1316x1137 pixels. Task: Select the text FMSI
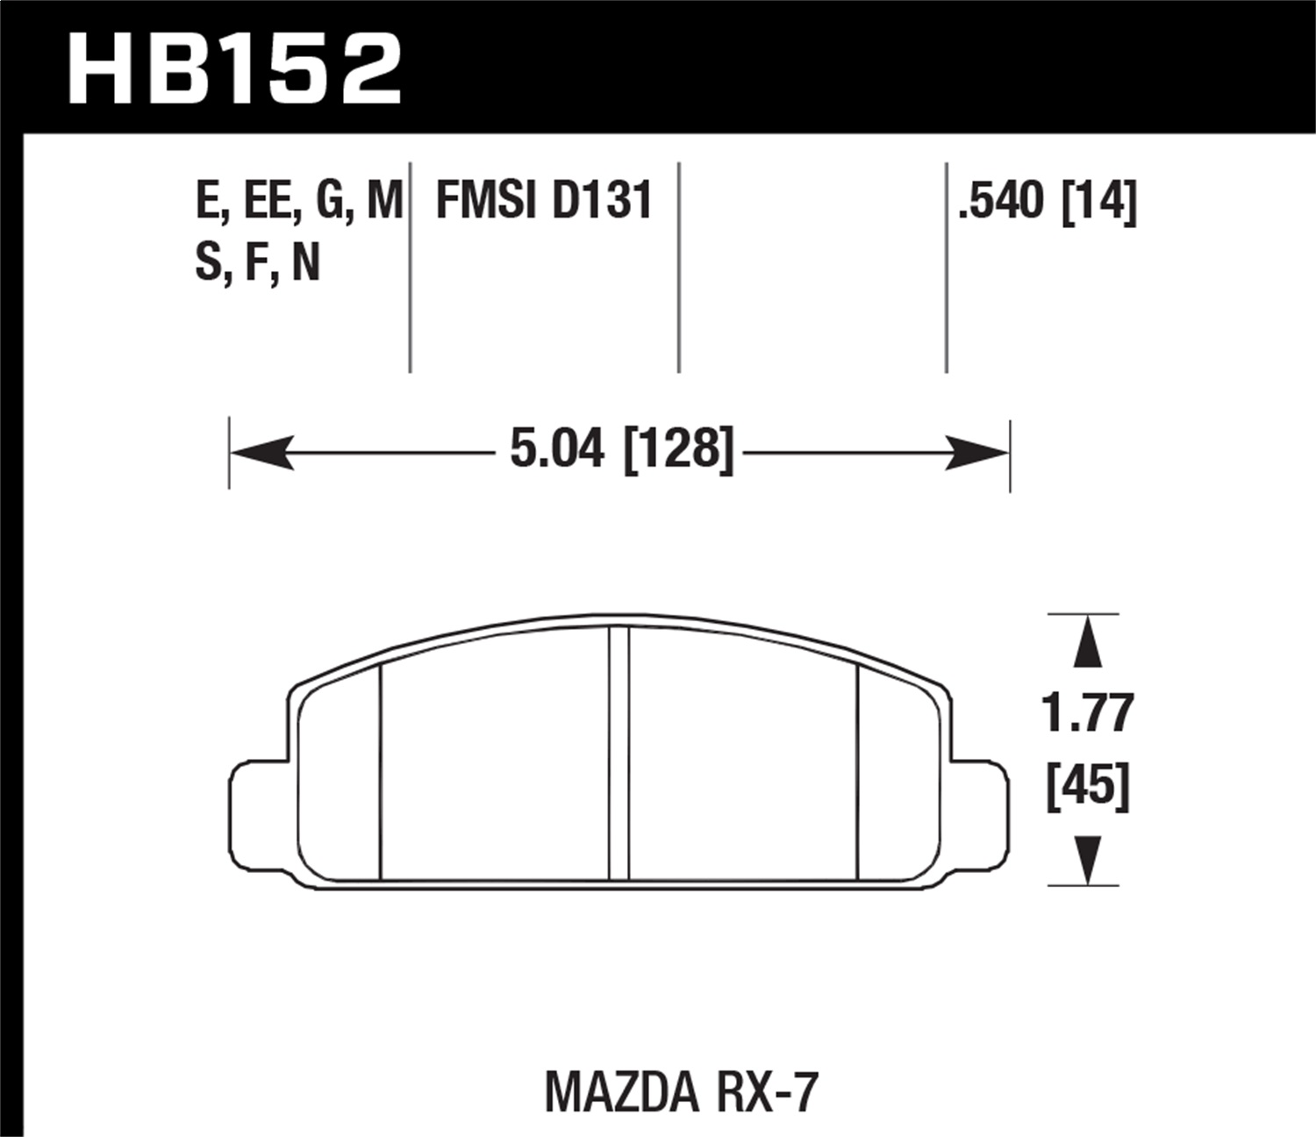coord(485,201)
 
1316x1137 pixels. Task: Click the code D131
coord(603,201)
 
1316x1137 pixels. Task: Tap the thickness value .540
coord(1003,201)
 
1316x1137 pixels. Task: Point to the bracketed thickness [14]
coord(1099,201)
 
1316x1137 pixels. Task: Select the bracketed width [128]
coord(677,451)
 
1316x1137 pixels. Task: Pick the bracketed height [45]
coord(1088,786)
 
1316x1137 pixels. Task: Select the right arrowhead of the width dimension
coord(978,453)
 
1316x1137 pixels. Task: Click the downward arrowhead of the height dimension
coord(1088,861)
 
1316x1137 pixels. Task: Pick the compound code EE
coord(268,201)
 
